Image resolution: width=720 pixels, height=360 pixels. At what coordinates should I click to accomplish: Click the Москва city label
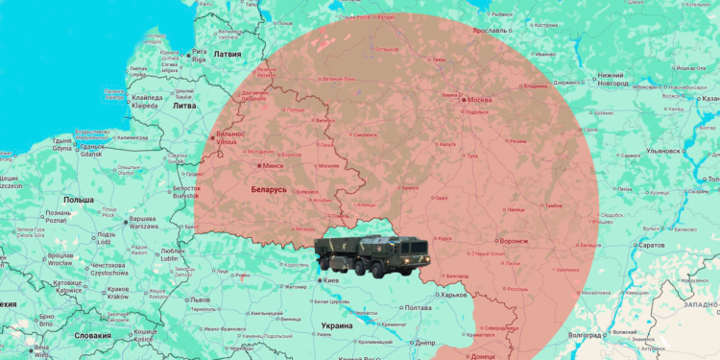coord(479,100)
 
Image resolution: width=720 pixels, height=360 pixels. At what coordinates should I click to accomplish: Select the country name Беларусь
coord(268,190)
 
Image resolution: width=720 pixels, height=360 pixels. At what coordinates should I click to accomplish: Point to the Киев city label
coord(332,280)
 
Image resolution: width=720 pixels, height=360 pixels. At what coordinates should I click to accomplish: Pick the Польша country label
coord(79,199)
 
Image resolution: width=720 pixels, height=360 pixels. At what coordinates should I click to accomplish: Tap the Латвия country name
coord(227,56)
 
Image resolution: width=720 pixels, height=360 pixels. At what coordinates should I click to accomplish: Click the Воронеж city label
coord(520,241)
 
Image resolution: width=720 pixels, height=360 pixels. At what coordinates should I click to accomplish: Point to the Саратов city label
coord(650,246)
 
